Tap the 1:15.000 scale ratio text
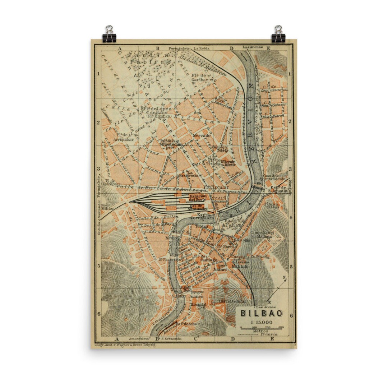(x=261, y=322)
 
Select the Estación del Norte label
(x=199, y=198)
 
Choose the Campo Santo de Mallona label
(x=263, y=235)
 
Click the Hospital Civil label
(x=199, y=306)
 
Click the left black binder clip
(x=109, y=34)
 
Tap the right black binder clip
(x=278, y=34)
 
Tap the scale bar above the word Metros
(x=262, y=327)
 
